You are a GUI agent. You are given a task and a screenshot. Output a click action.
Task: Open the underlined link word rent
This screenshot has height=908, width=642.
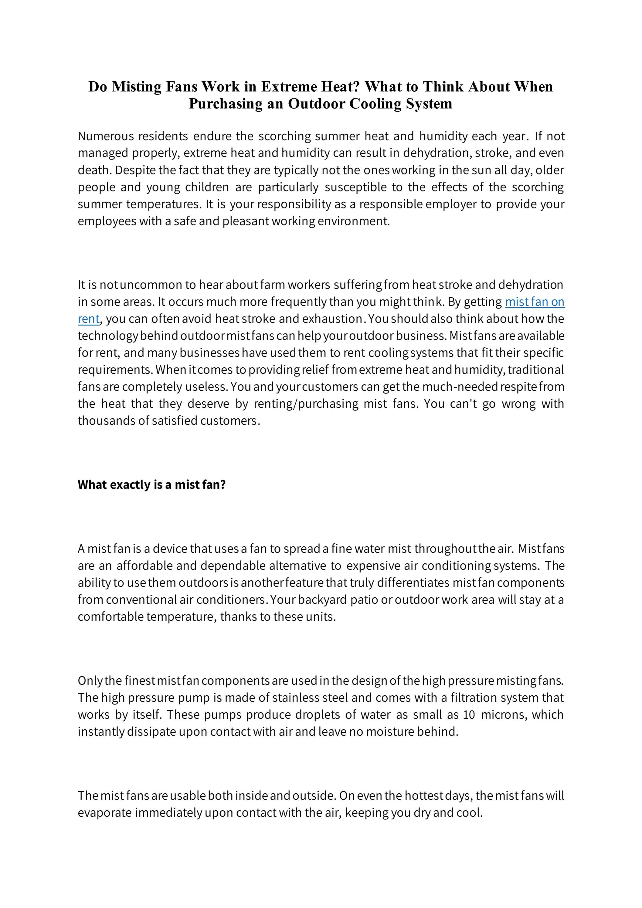point(88,319)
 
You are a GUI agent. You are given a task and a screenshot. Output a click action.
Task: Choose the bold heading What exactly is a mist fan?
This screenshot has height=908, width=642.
point(151,484)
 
